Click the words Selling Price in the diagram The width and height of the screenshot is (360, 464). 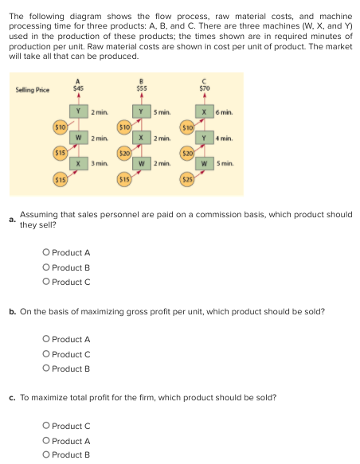[x=32, y=90]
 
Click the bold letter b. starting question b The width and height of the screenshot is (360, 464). [x=13, y=311]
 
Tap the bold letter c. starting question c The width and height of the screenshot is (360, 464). [x=13, y=397]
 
